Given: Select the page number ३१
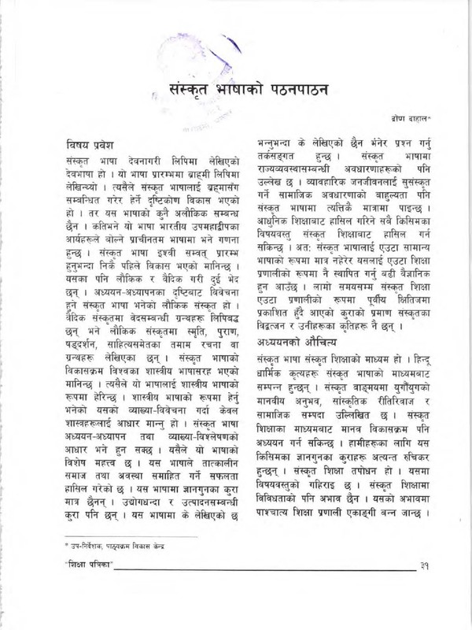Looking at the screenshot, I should pyautogui.click(x=425, y=565).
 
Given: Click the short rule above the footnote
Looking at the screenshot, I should pyautogui.click(x=118, y=535).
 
